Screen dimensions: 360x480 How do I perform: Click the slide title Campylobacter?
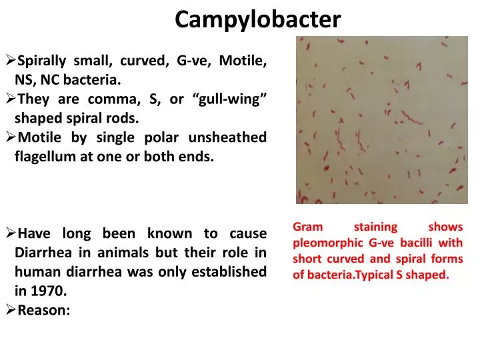(258, 20)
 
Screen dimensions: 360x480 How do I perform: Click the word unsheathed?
(227, 138)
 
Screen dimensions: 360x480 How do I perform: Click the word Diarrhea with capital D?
(43, 253)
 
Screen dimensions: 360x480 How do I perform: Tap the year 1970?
(50, 291)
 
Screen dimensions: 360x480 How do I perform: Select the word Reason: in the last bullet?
(43, 310)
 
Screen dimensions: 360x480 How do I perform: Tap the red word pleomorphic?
(327, 243)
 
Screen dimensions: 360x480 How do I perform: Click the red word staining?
(375, 227)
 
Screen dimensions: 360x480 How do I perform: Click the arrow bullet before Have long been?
(10, 233)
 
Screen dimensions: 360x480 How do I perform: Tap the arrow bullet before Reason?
(10, 310)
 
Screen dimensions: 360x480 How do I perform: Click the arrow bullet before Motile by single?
(10, 138)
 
